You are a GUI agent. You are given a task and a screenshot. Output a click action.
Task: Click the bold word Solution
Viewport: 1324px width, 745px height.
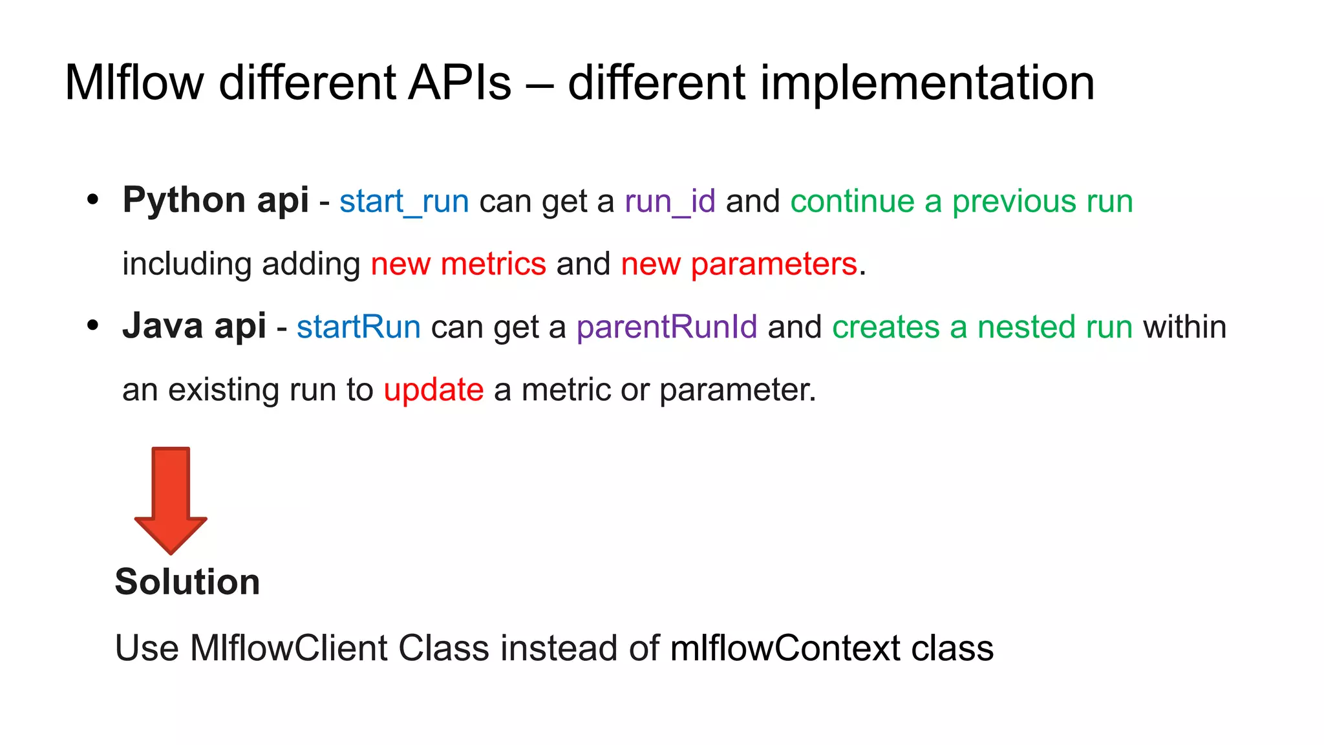(x=187, y=581)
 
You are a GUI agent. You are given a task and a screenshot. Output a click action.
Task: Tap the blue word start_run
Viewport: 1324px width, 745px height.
(x=404, y=201)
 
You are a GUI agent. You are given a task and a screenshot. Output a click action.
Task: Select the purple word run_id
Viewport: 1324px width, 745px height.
(x=670, y=201)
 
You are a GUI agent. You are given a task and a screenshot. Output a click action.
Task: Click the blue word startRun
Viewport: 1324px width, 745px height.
(x=359, y=327)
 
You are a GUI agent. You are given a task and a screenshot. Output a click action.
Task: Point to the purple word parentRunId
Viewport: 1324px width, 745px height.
(x=667, y=327)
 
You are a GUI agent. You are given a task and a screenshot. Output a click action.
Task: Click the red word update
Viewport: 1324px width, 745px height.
(x=434, y=389)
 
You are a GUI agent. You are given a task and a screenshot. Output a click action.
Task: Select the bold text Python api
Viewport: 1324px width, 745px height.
(x=215, y=200)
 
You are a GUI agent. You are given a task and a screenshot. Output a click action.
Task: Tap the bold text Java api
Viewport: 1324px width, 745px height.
(x=194, y=325)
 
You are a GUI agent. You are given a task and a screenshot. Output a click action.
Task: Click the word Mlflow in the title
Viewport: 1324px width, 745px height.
(x=134, y=83)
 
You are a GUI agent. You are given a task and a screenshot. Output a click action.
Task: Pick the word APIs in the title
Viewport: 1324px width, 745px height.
(x=460, y=83)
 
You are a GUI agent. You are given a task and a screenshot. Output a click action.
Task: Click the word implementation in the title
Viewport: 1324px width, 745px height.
(x=927, y=83)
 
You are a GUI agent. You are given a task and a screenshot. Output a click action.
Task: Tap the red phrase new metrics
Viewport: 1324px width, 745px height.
(x=458, y=264)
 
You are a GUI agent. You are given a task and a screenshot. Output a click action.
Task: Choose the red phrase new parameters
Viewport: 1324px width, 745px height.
(x=739, y=264)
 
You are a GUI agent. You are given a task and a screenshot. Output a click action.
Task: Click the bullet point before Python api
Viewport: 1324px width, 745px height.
(x=93, y=200)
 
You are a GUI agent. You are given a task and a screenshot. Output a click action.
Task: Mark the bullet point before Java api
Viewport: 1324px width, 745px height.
(x=93, y=325)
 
